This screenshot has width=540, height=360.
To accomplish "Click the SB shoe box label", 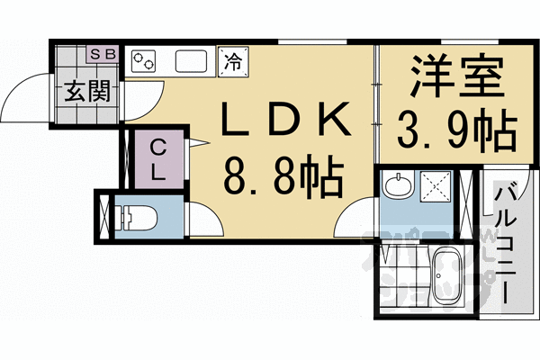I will coord(102,53).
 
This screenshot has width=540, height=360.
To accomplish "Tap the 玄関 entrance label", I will coord(86,92).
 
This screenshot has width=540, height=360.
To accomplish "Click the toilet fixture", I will coord(139,218).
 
